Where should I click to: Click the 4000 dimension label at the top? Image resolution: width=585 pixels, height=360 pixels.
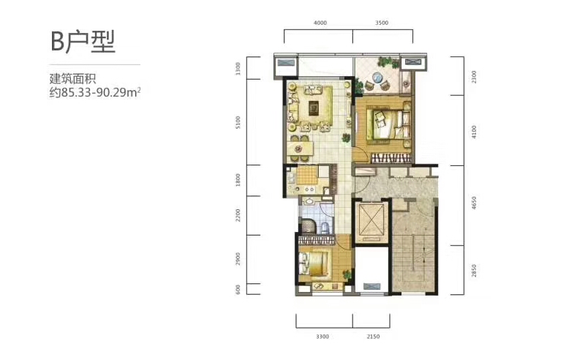tap(320, 23)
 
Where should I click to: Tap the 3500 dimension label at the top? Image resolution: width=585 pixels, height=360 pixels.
tap(382, 23)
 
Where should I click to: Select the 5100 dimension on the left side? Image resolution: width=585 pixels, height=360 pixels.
tap(238, 122)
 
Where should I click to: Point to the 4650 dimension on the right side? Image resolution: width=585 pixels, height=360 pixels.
tap(474, 203)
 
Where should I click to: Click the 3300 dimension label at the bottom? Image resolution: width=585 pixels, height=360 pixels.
tap(322, 337)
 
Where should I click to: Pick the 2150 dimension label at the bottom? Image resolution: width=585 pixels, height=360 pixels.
tap(373, 337)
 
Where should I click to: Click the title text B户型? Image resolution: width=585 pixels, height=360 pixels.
tap(83, 42)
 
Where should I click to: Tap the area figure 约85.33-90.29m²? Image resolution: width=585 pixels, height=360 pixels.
tap(95, 92)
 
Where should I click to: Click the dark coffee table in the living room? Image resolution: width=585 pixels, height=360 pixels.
tap(314, 108)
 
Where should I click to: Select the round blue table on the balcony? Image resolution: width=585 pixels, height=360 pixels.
tap(377, 78)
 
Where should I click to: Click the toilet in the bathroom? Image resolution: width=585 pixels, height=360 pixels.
tap(325, 228)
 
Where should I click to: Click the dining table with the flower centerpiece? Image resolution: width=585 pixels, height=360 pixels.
tap(298, 149)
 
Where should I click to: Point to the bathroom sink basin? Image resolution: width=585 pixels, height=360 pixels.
tap(309, 202)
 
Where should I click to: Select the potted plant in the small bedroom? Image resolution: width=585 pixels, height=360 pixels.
tap(347, 274)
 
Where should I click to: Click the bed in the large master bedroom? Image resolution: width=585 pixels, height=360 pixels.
tap(386, 122)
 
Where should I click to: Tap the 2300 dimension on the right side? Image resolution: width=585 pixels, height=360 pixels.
tap(474, 77)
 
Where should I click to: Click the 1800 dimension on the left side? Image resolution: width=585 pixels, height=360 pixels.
tap(238, 180)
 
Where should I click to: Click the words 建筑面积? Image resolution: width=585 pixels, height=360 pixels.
tap(72, 79)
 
